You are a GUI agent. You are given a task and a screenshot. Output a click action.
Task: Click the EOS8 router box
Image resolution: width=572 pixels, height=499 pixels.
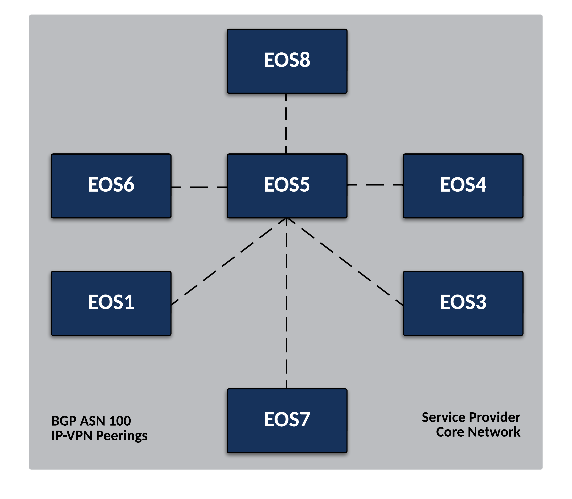[x=287, y=61]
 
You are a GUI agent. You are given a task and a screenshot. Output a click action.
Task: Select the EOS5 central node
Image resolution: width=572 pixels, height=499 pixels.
[x=287, y=186]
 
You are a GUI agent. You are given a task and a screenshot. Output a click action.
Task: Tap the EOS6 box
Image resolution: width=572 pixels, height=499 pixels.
[x=111, y=186]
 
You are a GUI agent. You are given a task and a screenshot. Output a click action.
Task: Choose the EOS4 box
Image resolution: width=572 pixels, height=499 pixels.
[x=463, y=186]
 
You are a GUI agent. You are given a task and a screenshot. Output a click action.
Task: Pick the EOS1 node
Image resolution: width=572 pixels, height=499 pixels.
[x=111, y=303]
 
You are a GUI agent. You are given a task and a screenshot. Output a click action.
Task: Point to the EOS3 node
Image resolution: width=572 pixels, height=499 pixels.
[x=463, y=303]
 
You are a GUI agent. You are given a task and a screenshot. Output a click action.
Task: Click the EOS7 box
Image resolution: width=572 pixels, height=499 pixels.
[x=287, y=421]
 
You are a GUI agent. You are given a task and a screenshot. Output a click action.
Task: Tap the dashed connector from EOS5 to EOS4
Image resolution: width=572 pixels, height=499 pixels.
[x=375, y=185]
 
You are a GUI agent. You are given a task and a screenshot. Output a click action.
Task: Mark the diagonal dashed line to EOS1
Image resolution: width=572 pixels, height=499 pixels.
[x=228, y=262]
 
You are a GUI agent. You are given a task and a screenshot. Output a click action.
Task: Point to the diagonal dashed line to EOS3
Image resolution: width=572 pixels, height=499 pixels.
[x=345, y=262]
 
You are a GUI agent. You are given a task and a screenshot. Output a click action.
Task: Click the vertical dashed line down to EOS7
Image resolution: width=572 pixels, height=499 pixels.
[x=286, y=306]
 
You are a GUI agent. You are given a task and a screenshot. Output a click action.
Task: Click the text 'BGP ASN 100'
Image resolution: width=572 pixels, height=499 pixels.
[x=91, y=421]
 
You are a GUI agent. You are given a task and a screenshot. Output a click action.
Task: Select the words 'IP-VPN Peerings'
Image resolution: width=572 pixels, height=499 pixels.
[x=99, y=436]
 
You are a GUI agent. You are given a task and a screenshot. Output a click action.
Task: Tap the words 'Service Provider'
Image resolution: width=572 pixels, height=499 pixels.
[x=471, y=417]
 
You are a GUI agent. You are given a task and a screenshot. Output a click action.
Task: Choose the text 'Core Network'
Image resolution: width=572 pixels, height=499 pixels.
[x=478, y=432]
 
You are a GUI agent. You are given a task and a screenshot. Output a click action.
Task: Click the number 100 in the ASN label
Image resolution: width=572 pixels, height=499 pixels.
[x=120, y=421]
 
